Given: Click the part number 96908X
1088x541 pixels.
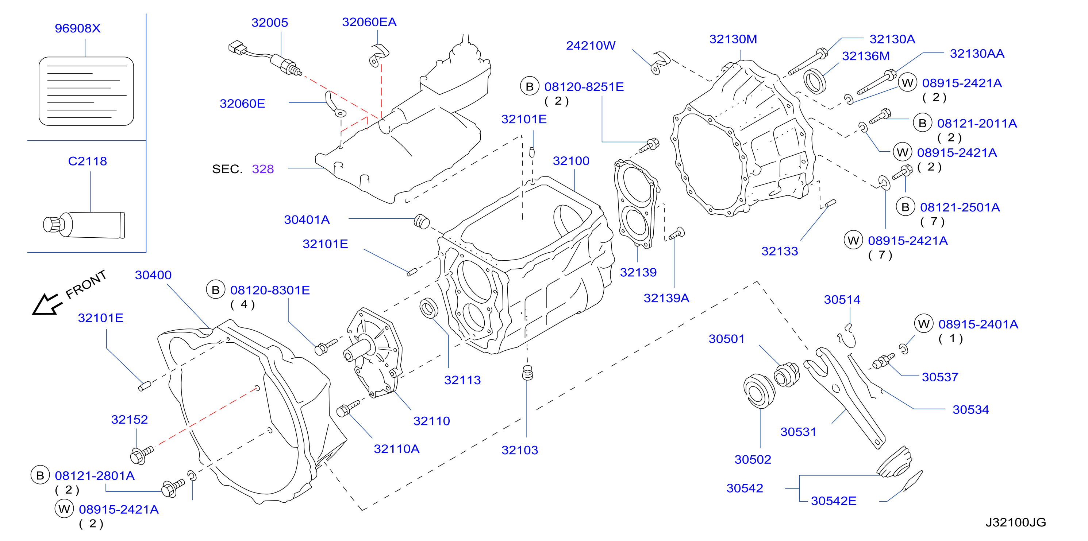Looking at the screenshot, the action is [x=78, y=28].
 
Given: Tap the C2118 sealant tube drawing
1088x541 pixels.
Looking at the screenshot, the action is [x=84, y=225].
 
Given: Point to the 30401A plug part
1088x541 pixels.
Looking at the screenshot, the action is [x=422, y=222].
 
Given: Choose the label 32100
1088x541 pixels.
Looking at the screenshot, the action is [x=571, y=161].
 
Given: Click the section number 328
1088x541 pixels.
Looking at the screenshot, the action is [x=263, y=169].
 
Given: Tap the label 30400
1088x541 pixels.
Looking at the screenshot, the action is [x=153, y=275].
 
